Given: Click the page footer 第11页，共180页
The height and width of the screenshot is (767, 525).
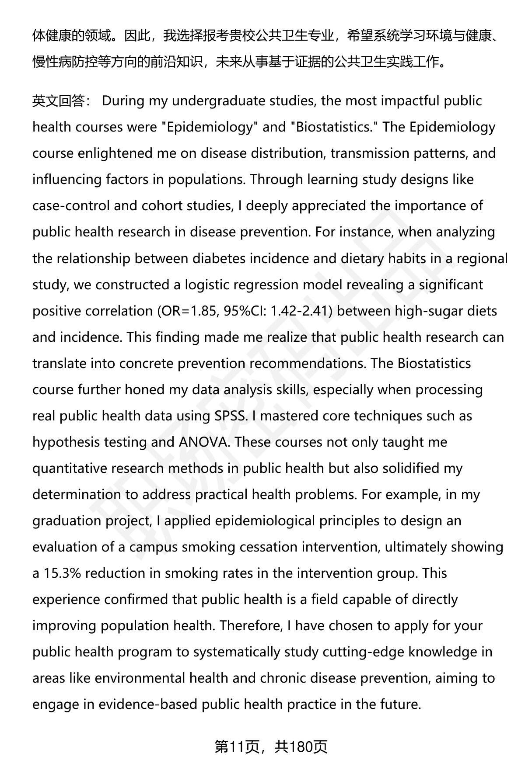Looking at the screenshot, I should click(x=271, y=747).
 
